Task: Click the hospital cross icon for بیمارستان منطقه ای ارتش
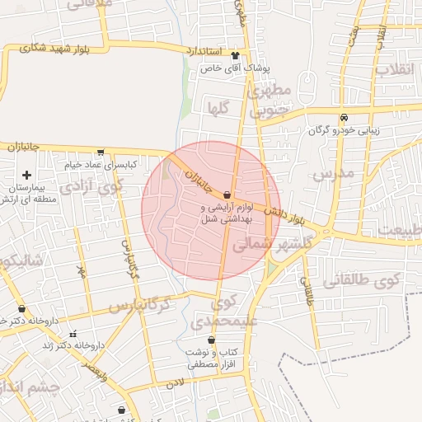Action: point(27,175)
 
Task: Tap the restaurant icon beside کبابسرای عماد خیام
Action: point(101,152)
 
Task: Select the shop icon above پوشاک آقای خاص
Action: point(237,57)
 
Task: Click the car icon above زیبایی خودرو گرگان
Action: point(344,117)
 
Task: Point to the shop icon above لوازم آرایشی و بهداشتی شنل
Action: point(227,195)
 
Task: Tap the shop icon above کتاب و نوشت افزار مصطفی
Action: point(212,340)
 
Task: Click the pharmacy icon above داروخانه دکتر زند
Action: point(73,334)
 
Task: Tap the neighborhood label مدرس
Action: point(332,174)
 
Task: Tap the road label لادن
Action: point(173,382)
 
